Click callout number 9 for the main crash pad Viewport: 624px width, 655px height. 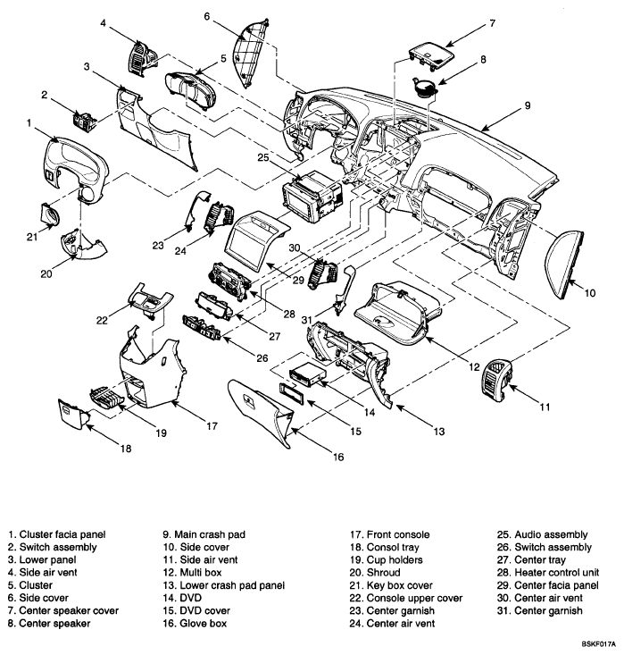(527, 105)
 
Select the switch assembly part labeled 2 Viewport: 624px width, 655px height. (87, 118)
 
